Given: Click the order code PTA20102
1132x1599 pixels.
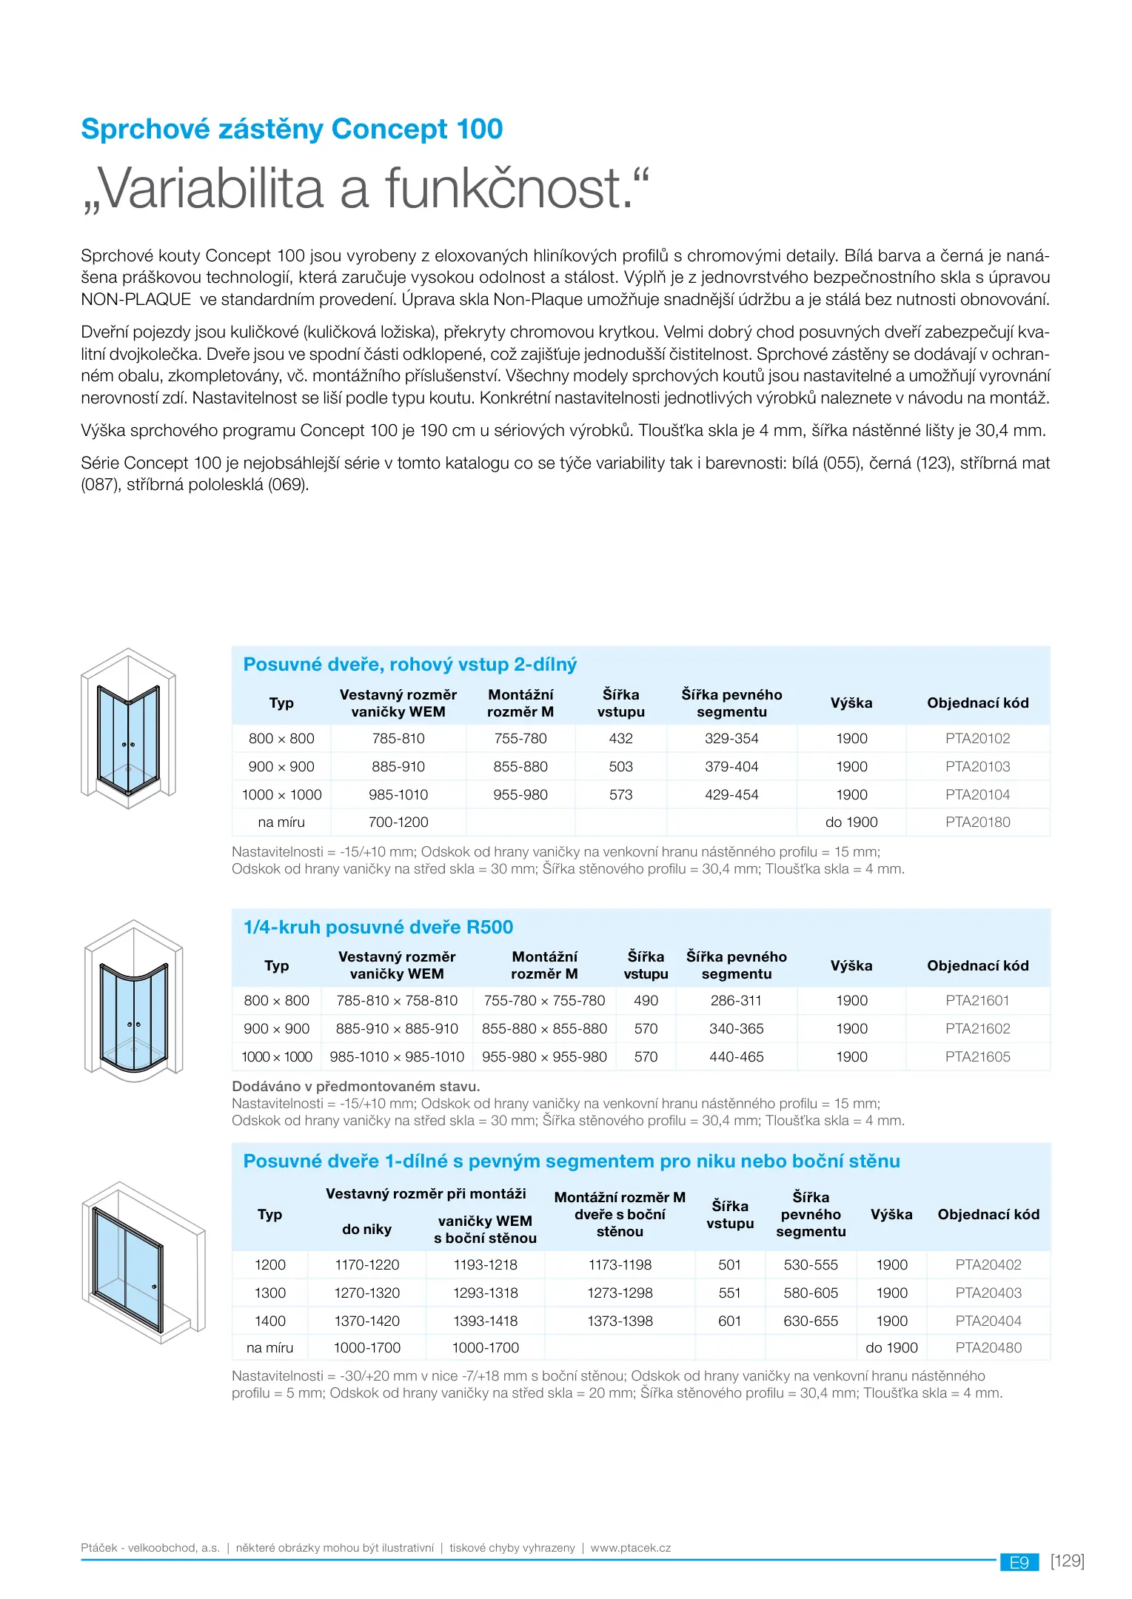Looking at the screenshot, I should (977, 738).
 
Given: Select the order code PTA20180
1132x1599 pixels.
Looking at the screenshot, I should (977, 822).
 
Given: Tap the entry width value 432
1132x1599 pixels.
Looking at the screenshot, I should (620, 738).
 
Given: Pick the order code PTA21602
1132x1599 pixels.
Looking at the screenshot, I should (977, 1028).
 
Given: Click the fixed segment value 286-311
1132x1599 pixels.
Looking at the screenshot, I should (736, 1000).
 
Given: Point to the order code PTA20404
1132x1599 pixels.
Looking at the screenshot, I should (988, 1321).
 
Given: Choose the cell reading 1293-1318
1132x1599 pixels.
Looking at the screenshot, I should (485, 1293).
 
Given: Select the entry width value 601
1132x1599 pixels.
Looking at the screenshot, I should (729, 1321).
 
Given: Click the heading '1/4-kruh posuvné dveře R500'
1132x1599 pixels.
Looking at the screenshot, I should (378, 927).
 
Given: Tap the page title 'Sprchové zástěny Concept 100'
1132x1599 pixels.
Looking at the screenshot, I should (292, 129).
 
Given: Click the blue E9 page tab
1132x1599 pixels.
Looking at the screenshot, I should (1019, 1562).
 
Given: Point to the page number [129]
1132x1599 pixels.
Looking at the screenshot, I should (1067, 1561).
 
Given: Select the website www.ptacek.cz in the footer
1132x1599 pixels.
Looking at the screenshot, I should (631, 1548).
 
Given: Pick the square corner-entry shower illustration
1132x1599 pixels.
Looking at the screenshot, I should (128, 728).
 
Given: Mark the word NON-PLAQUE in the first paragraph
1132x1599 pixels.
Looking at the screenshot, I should (136, 300).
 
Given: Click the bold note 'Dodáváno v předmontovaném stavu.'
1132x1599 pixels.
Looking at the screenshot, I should (356, 1086).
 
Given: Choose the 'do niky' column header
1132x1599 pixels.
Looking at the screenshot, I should (366, 1229).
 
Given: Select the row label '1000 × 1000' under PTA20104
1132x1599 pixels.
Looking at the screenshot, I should (281, 794).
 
